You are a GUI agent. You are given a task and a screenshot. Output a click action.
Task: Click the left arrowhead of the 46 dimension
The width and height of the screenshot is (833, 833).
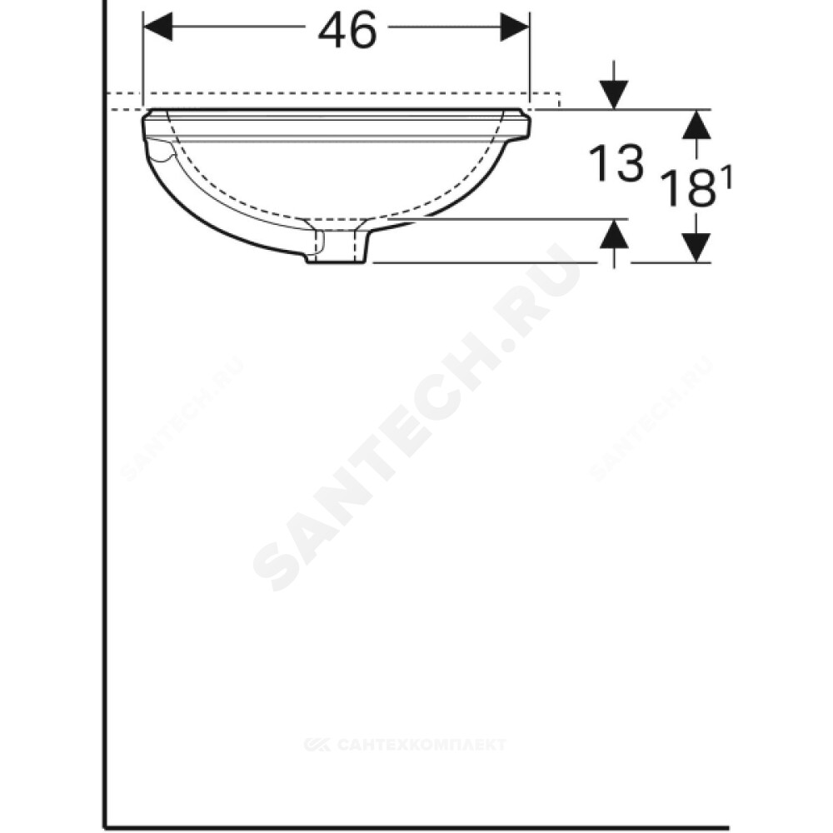[x=157, y=26]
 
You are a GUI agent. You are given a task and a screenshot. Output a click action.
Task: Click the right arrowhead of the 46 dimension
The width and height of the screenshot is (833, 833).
[x=514, y=26]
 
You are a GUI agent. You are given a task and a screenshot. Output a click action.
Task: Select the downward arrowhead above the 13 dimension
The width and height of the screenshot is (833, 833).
[x=614, y=95]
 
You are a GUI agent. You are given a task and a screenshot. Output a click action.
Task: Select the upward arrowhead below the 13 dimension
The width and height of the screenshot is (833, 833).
[x=614, y=234]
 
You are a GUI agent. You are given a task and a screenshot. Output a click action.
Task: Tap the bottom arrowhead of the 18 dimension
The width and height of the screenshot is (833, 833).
[x=696, y=247]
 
